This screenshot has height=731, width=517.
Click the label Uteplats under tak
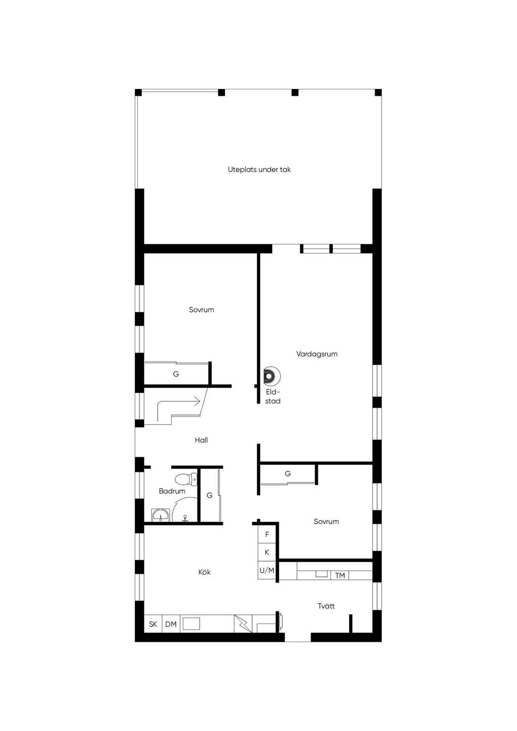point(259,170)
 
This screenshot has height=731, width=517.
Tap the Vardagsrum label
point(317,354)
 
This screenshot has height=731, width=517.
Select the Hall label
point(201,440)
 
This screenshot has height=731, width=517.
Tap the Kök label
point(204,572)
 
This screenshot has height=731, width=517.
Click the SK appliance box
point(153,624)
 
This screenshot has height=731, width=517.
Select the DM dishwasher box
point(171,624)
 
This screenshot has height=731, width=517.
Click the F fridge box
point(267,534)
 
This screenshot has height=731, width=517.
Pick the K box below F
point(267,552)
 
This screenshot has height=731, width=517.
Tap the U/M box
point(267,570)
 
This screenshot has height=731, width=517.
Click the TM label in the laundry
point(340,576)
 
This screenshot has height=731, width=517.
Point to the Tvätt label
point(326,606)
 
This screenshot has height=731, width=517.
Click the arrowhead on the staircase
point(197,401)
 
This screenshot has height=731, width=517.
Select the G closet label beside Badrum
point(210,495)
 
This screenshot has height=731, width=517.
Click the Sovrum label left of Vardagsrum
point(201,309)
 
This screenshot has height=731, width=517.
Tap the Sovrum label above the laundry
point(326,521)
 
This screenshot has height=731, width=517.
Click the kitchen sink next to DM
point(191,623)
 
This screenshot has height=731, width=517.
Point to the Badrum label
point(172,491)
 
